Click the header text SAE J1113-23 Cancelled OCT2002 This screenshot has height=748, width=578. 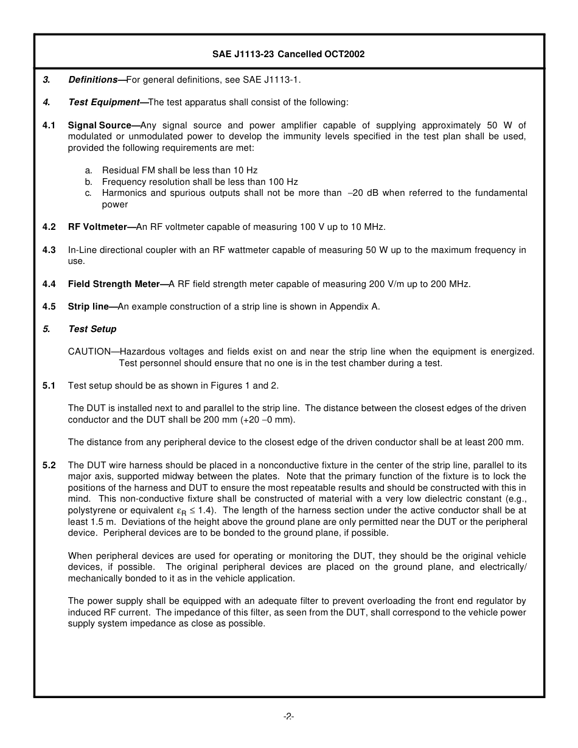coord(288,54)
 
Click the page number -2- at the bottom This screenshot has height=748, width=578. coord(288,717)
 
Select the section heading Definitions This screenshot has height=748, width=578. coord(92,80)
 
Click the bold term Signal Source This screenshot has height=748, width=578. coord(99,125)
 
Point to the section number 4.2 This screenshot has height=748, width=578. coord(49,227)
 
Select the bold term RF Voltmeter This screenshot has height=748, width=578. coord(97,227)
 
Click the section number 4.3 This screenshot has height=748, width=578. coord(49,250)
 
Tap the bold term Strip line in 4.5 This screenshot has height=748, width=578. coord(88,306)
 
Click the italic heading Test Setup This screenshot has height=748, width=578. coord(92,329)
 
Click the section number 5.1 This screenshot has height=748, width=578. coord(49,386)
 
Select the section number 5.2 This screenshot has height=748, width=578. coord(49,465)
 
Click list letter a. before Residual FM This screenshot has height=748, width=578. coord(88,170)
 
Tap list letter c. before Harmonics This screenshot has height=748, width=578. coord(88,193)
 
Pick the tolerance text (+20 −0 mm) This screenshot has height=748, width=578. coord(260,420)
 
